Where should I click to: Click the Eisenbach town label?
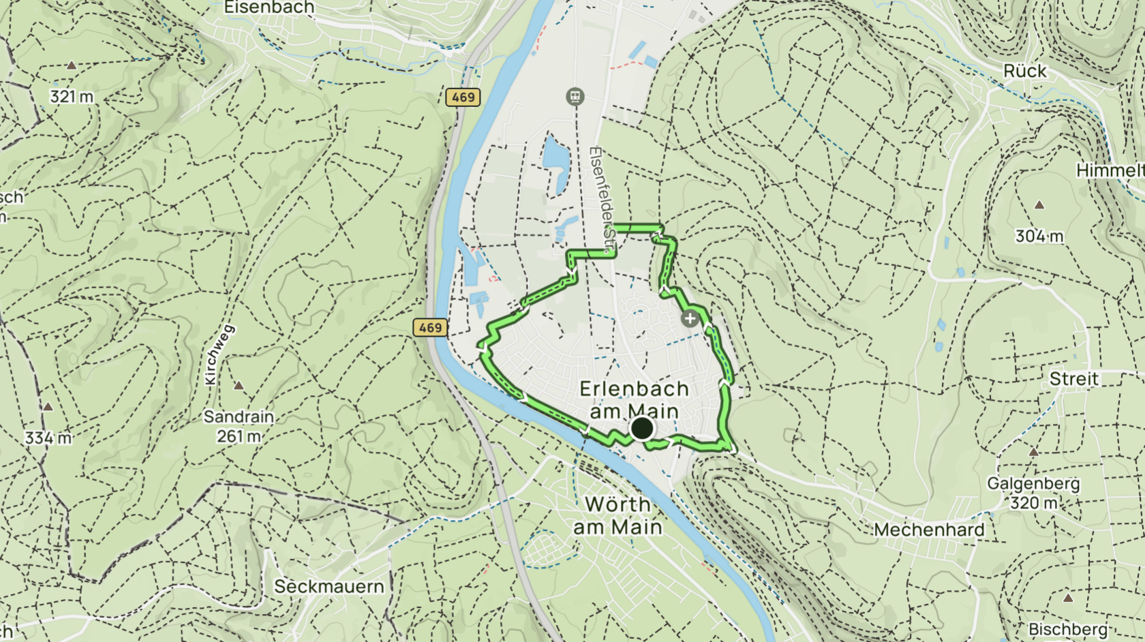(x=269, y=7)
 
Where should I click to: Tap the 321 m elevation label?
(x=71, y=97)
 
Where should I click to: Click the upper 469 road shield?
(x=463, y=97)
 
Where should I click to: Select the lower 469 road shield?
(x=430, y=328)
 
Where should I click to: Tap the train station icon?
(x=575, y=97)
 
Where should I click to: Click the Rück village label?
(x=1024, y=71)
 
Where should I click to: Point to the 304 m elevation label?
(x=1039, y=236)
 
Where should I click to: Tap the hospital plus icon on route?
(x=690, y=318)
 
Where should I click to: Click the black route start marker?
(x=642, y=429)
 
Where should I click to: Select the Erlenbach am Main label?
(x=634, y=400)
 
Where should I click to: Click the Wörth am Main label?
(x=617, y=515)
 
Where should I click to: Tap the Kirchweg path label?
(x=219, y=354)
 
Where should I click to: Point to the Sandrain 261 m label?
(x=239, y=426)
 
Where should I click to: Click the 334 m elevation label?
(x=48, y=438)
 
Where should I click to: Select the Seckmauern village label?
(x=329, y=587)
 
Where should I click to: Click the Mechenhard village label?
(x=929, y=530)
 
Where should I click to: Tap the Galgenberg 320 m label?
(x=1033, y=493)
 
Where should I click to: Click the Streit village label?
(x=1073, y=379)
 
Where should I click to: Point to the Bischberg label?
(x=1067, y=629)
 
